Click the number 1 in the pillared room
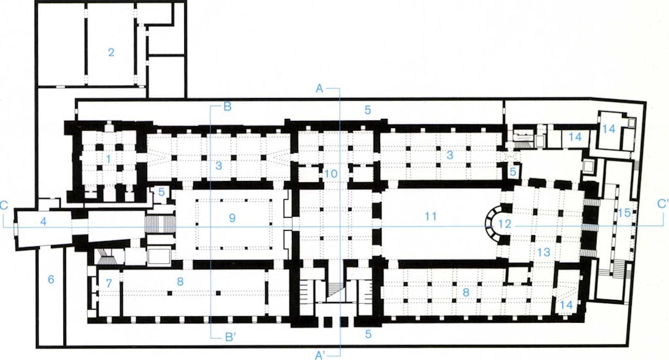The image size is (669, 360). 108,159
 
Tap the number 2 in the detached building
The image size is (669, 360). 111,52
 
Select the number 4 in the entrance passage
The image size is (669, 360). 42,221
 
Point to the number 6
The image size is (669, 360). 51,280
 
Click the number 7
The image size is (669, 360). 109,283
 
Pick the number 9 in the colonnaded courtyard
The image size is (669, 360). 232,218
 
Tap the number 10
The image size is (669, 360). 331,174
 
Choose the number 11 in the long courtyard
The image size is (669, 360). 431,217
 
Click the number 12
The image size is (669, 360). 504,223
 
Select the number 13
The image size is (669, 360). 544,252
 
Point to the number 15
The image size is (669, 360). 624,212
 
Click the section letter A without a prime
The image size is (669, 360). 319,89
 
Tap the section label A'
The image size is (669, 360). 320,355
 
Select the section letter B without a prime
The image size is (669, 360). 227,106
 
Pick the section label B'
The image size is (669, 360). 230,337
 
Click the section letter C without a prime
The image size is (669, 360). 4,205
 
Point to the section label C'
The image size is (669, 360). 662,204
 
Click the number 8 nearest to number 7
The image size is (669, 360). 180,282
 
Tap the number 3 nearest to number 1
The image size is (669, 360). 219,165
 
